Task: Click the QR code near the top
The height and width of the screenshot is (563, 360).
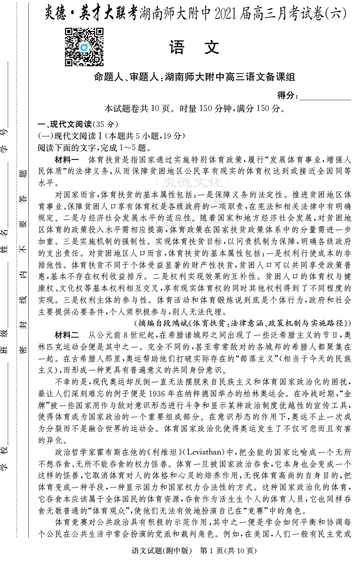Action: coord(84,47)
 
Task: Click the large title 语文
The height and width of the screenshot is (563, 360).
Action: coord(194,48)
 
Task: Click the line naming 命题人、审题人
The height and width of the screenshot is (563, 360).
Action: coord(194,78)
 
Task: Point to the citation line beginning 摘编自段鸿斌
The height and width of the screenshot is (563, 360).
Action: coord(242,323)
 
